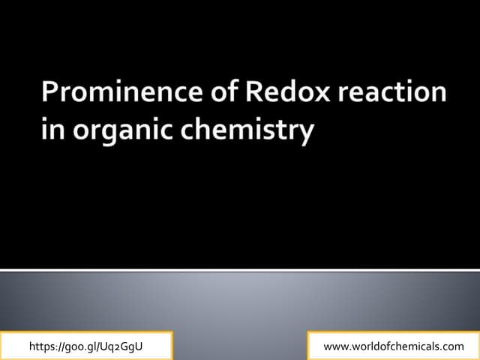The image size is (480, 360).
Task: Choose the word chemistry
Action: tap(239, 131)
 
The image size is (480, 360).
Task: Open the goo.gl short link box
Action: tap(86, 346)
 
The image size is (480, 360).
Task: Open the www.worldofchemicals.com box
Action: tap(393, 346)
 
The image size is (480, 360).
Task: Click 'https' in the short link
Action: tap(42, 346)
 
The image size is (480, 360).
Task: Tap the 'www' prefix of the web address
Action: tap(334, 346)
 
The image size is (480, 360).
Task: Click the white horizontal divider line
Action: tap(240, 269)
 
